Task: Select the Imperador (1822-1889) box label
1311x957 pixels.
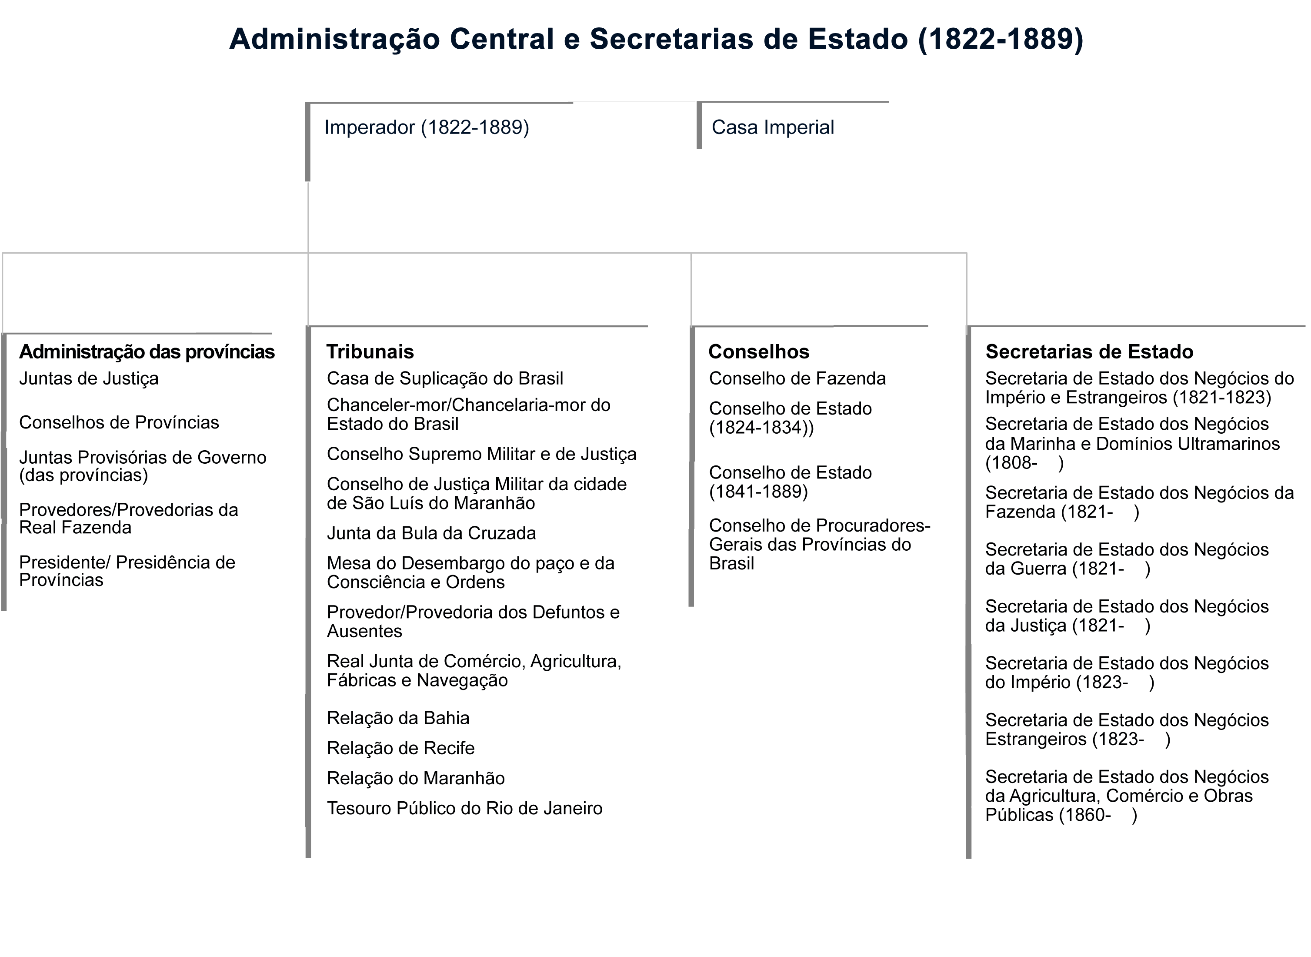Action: pyautogui.click(x=427, y=127)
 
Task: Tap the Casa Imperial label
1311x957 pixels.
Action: pyautogui.click(x=773, y=127)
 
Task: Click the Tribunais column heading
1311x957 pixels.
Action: pyautogui.click(x=370, y=351)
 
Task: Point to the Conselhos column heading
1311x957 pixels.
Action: pyautogui.click(x=759, y=351)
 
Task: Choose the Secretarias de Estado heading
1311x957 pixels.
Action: pyautogui.click(x=1089, y=351)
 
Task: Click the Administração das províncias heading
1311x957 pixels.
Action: pyautogui.click(x=147, y=351)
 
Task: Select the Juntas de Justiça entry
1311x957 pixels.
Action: pyautogui.click(x=89, y=379)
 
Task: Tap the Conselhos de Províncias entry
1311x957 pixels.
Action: pyautogui.click(x=119, y=423)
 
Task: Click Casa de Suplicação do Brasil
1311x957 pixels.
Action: pyautogui.click(x=445, y=379)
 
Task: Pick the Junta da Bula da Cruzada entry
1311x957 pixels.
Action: pyautogui.click(x=431, y=533)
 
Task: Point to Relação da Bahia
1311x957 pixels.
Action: pyautogui.click(x=398, y=718)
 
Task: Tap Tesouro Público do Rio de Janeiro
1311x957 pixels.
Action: pyautogui.click(x=464, y=809)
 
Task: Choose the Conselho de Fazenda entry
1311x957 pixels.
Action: pyautogui.click(x=797, y=379)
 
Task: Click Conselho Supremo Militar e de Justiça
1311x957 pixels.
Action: pyautogui.click(x=481, y=454)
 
